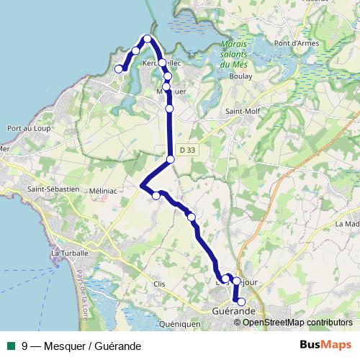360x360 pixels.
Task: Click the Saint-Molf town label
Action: click(x=243, y=112)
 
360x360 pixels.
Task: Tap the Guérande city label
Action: click(x=235, y=310)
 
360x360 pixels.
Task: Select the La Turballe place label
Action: click(x=69, y=253)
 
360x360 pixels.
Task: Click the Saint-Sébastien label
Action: click(x=53, y=189)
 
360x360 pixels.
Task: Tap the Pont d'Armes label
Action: click(x=312, y=63)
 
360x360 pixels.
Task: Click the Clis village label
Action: click(x=159, y=284)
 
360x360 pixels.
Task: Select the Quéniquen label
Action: click(x=180, y=325)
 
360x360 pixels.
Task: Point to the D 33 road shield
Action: click(x=187, y=150)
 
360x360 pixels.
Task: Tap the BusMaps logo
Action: click(x=325, y=345)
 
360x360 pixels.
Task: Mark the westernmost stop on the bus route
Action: click(x=120, y=69)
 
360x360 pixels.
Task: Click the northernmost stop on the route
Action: click(x=148, y=39)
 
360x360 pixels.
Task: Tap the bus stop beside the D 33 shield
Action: click(x=171, y=159)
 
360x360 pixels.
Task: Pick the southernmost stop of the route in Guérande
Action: click(x=242, y=302)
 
